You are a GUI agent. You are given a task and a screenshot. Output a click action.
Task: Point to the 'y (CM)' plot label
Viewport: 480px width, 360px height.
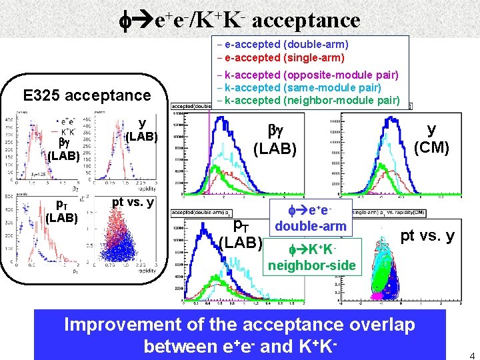[431, 138]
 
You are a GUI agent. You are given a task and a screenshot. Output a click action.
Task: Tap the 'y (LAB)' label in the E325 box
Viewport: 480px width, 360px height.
[141, 130]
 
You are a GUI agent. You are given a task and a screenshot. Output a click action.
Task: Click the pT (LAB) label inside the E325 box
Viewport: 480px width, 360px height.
[61, 211]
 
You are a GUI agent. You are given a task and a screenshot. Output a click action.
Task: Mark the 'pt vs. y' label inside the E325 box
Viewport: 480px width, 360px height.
[133, 203]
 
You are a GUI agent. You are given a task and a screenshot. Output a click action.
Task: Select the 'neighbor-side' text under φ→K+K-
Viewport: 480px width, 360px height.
[312, 267]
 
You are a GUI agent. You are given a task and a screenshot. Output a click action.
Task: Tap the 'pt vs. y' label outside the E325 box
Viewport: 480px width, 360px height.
[427, 235]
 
